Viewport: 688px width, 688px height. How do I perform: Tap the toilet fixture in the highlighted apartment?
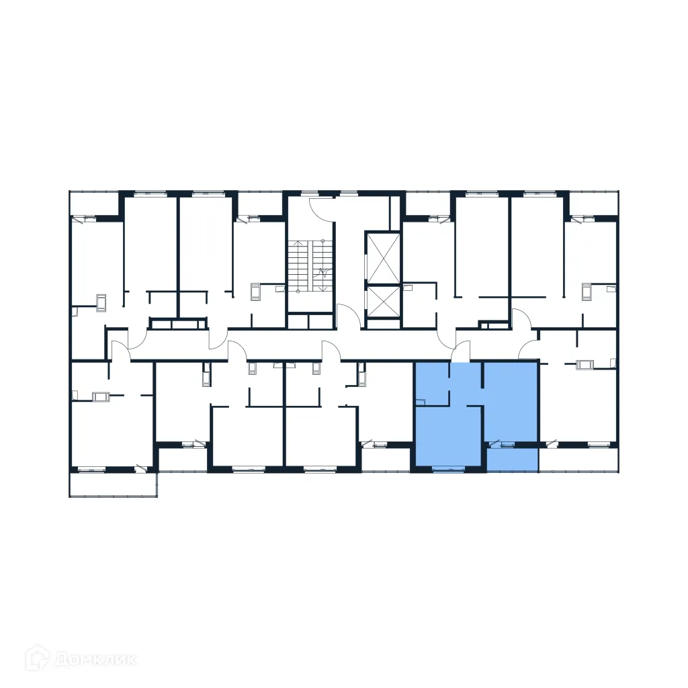[x=421, y=402]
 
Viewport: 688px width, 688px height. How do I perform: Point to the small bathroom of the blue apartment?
[x=432, y=384]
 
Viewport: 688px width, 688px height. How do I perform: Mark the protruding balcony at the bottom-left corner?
[x=113, y=484]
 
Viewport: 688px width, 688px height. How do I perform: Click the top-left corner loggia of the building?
[x=94, y=204]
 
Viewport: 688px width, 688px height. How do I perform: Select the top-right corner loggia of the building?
[x=593, y=204]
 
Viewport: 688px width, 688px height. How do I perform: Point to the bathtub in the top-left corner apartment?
[x=101, y=303]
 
